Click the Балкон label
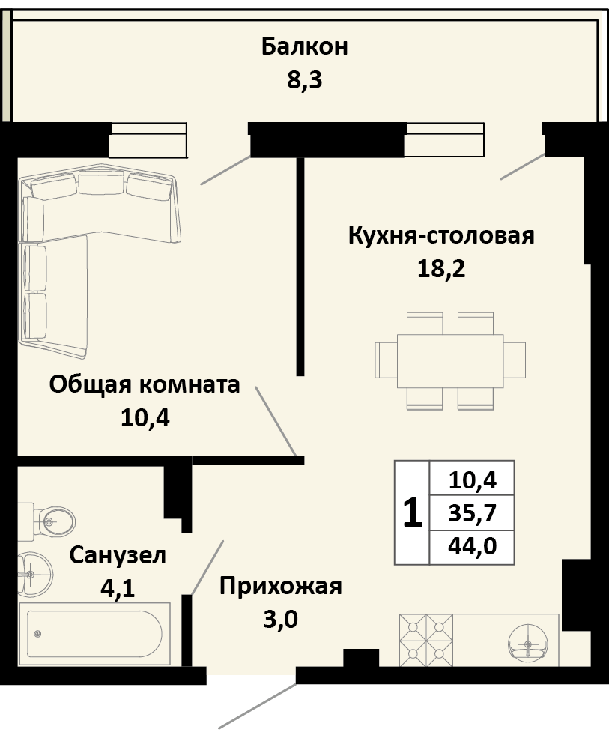[304, 46]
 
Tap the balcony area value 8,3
[304, 79]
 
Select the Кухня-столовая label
[441, 235]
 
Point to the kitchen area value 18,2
[441, 269]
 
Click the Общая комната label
[145, 385]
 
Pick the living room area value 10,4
[145, 418]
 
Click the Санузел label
[118, 555]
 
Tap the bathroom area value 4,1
[118, 588]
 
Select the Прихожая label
[280, 586]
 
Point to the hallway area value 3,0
[280, 620]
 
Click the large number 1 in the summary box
[412, 513]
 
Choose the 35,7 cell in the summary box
[472, 513]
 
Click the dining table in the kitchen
[449, 360]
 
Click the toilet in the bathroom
[52, 520]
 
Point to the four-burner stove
[425, 641]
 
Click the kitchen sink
[528, 641]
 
